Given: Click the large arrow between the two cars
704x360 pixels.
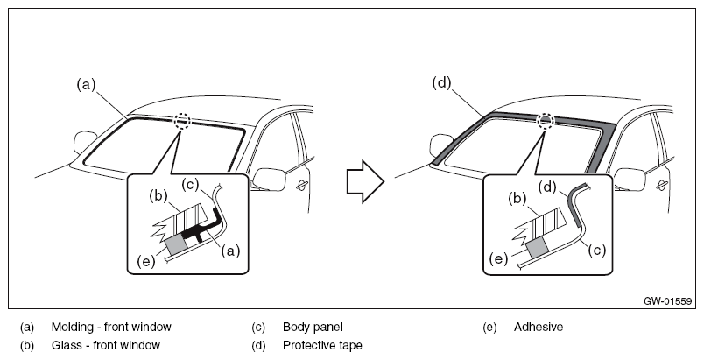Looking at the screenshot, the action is coord(365,182).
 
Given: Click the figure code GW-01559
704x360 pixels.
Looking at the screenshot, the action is coord(667,301).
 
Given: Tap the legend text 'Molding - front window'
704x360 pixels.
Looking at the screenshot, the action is coord(111,327).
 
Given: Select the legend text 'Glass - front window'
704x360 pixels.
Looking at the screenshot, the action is coord(105,345).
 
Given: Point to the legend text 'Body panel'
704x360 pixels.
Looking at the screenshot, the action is coord(313,328).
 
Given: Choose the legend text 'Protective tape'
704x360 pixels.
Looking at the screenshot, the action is coord(322,345).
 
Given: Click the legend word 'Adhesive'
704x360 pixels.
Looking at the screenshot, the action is coord(539,327).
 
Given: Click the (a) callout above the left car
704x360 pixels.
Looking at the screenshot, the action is coord(86,85).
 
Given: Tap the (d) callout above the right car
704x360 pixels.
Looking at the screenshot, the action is coord(442,83).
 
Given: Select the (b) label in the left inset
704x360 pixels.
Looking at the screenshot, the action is coord(158,196).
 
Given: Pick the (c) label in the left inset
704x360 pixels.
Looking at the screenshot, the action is coord(190,185).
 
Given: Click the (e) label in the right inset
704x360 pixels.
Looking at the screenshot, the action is coord(498,258).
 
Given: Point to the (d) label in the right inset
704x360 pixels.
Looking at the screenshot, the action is coord(547,187).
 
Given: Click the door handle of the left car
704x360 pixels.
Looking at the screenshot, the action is coord(302,186).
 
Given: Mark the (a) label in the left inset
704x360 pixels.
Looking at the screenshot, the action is coord(230,252).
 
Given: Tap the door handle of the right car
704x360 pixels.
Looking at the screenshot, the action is coord(662,186).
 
